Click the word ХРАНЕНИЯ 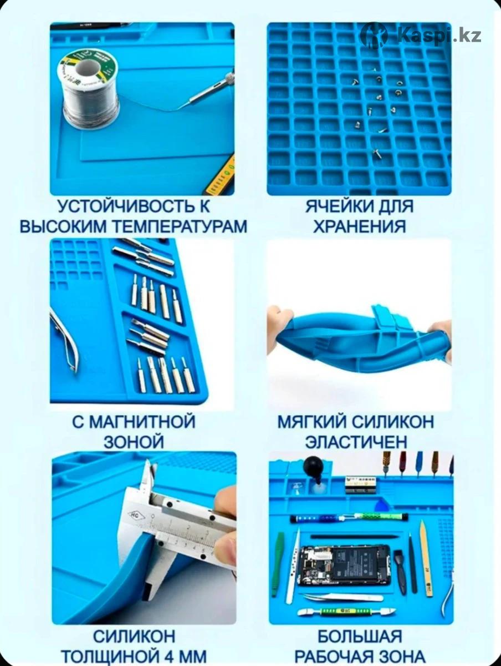click(x=359, y=226)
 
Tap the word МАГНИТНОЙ click(x=142, y=421)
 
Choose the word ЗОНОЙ click(x=134, y=441)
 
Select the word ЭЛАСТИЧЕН click(x=356, y=441)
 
